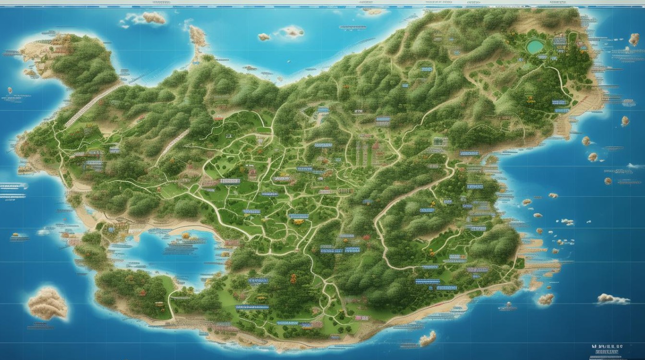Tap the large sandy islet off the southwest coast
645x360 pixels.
[47, 303]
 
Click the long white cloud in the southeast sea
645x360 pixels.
[613, 299]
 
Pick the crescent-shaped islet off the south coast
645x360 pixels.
[427, 338]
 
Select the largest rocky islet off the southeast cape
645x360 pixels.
[546, 299]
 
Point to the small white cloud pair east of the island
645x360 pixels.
[567, 222]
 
